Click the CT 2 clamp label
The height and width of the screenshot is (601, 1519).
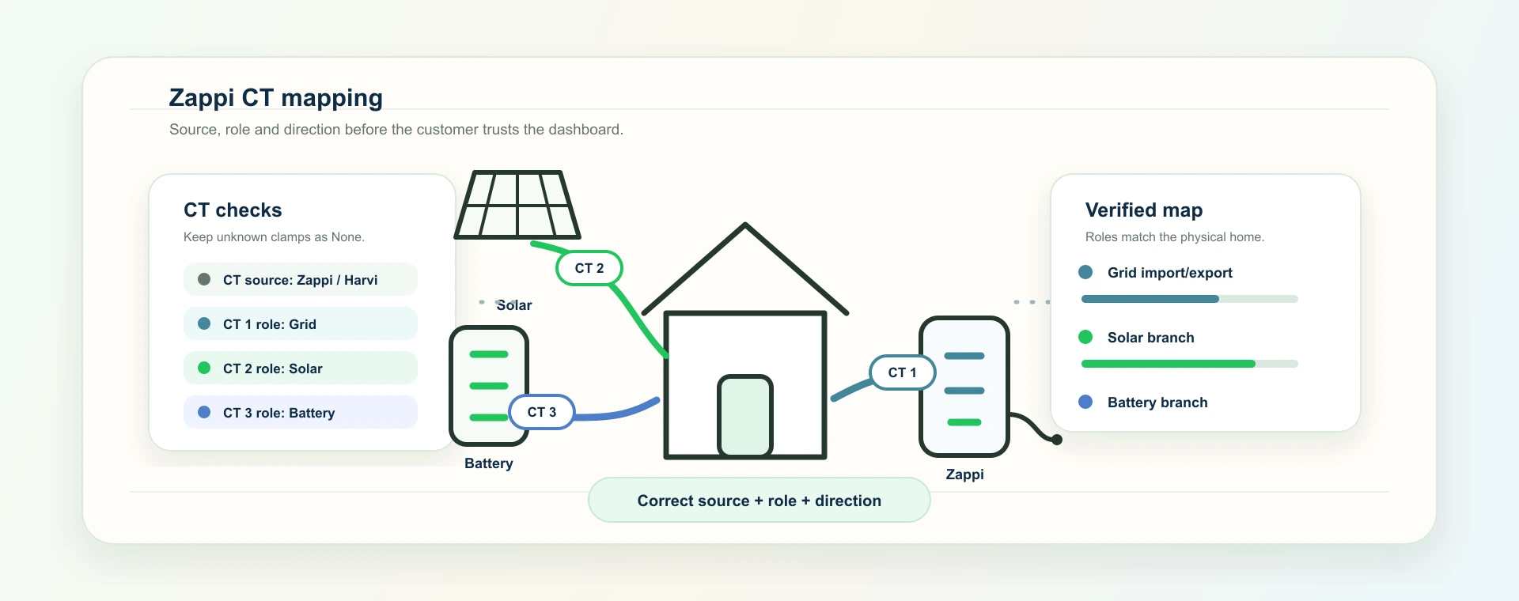(589, 268)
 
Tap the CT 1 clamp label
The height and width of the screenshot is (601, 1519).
(903, 372)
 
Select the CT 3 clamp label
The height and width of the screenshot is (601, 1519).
(542, 412)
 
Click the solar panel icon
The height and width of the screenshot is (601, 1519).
(517, 205)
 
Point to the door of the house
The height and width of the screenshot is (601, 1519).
(745, 416)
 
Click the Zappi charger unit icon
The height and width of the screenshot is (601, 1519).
(964, 387)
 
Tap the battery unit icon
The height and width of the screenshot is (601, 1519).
(489, 386)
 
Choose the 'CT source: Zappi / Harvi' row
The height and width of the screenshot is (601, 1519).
(301, 279)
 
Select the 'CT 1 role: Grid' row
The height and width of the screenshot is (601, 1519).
(301, 323)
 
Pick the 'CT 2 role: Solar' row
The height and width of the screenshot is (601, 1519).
(301, 368)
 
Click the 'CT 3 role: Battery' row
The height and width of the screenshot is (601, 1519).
(301, 412)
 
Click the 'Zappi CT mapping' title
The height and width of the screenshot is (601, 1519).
(276, 97)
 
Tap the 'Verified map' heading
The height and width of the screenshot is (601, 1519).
(1144, 210)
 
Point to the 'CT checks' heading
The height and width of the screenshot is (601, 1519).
(233, 210)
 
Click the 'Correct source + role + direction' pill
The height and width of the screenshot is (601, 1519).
(759, 500)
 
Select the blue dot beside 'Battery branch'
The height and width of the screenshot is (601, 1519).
(1085, 402)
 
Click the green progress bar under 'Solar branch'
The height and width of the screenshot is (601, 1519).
(1168, 364)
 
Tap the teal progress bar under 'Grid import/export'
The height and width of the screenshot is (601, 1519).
(1150, 299)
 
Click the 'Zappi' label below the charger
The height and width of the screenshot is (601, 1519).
(965, 474)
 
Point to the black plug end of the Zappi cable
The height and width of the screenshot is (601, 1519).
(1057, 440)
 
